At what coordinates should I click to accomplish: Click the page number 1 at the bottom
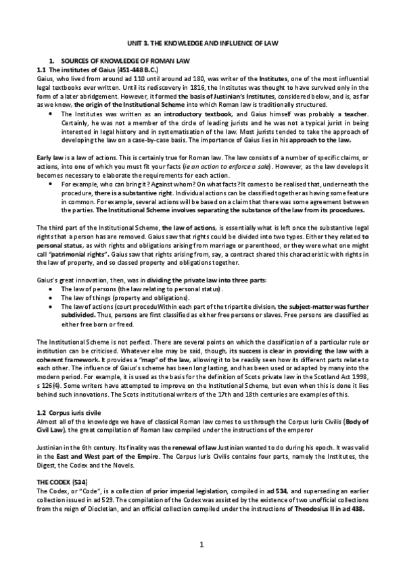pos(202,545)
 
